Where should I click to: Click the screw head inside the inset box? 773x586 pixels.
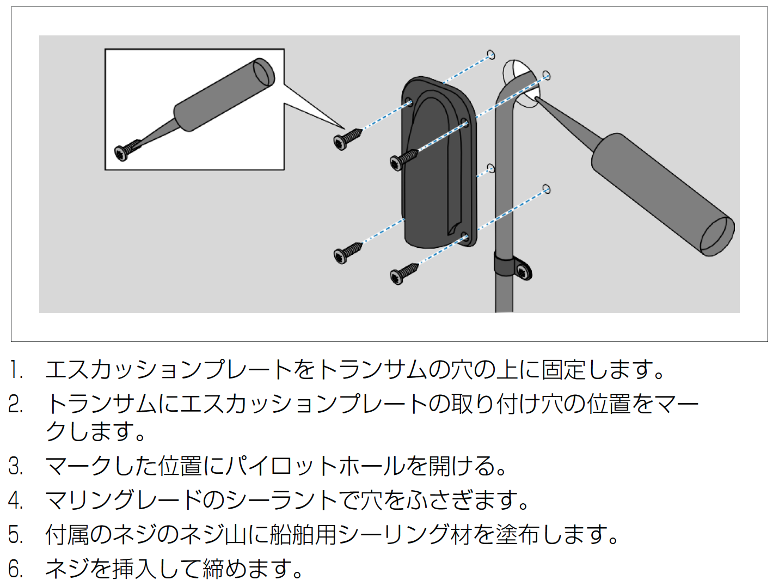[x=121, y=154]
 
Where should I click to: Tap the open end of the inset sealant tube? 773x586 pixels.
[x=264, y=72]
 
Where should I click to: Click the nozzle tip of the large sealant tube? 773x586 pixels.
[x=537, y=99]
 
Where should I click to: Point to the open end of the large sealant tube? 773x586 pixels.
[x=717, y=237]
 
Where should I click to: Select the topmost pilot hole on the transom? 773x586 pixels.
[x=491, y=55]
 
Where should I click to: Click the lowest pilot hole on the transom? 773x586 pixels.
[x=547, y=189]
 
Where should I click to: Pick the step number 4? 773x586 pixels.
[x=15, y=500]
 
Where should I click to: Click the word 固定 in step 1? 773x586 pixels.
[x=563, y=370]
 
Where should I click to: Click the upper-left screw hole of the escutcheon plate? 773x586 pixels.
[x=409, y=102]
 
